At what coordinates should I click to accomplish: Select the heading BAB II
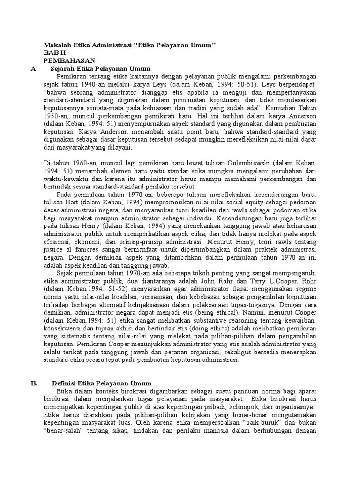55,52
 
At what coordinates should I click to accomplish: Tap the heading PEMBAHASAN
69,60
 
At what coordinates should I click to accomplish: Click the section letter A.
33,68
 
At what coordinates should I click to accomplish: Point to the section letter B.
34,382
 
